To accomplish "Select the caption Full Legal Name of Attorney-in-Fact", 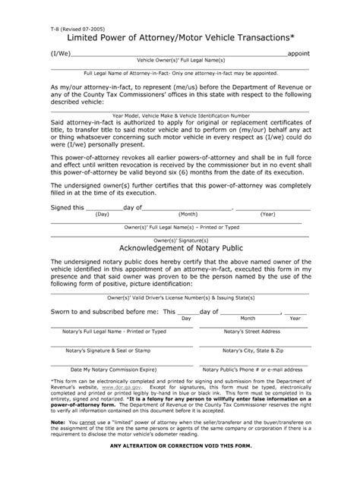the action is click(179, 74).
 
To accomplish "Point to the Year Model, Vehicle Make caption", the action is click(179, 116).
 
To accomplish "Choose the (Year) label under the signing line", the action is click(267, 214).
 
